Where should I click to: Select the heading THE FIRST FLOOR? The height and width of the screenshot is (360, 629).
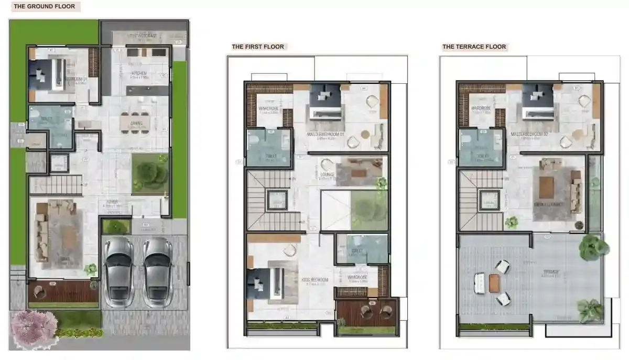tap(258, 47)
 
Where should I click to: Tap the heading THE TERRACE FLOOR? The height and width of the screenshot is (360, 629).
tap(474, 47)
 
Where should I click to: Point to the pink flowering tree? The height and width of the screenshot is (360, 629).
tap(35, 329)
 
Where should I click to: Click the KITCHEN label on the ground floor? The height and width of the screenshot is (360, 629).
tap(139, 73)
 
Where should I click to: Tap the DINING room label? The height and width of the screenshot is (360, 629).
tap(136, 124)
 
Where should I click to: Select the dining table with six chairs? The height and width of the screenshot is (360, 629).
tap(136, 122)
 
